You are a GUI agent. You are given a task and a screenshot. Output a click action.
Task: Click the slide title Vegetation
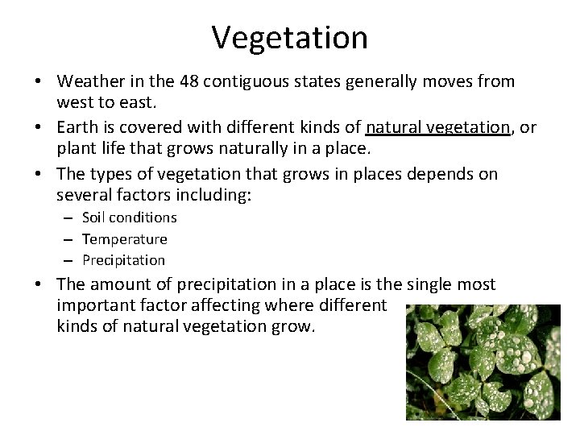(290, 37)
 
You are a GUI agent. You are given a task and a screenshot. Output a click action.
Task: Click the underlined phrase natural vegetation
(438, 128)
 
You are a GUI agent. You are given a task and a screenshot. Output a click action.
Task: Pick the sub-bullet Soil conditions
(129, 217)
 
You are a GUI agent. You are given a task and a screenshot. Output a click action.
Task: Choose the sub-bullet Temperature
(124, 239)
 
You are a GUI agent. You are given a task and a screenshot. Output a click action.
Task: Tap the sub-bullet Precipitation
(123, 260)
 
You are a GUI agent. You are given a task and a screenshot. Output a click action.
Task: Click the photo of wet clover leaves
(482, 362)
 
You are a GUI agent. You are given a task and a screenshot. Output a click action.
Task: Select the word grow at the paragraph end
(297, 328)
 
